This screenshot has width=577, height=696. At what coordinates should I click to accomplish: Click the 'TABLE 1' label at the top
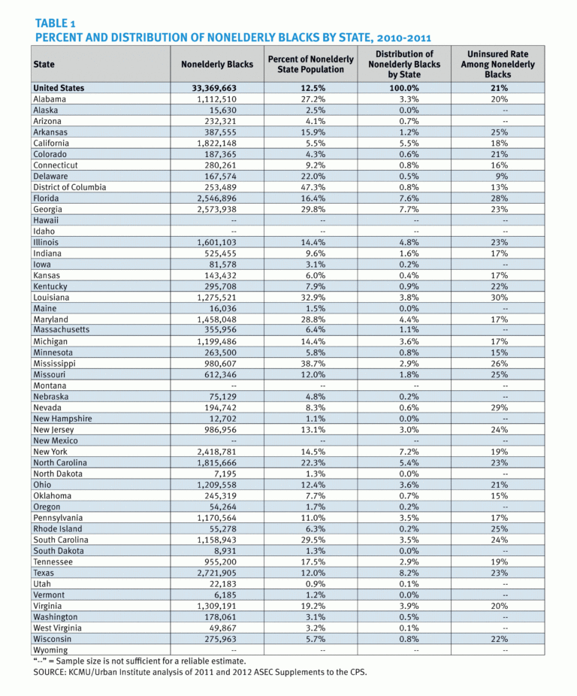click(x=56, y=23)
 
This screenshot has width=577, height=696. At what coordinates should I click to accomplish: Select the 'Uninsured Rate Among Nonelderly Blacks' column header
click(x=497, y=65)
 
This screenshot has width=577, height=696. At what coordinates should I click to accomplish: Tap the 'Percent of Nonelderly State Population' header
click(x=310, y=65)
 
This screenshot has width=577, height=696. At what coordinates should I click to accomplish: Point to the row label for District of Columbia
click(x=69, y=187)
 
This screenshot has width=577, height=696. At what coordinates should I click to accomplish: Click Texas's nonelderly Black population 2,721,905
click(x=217, y=573)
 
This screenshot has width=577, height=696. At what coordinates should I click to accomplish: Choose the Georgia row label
click(x=47, y=209)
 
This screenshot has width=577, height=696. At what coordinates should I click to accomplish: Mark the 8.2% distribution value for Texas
click(x=404, y=573)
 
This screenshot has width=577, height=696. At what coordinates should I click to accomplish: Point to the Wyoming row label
click(x=50, y=650)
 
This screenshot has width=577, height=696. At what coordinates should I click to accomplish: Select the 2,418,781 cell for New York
click(x=217, y=452)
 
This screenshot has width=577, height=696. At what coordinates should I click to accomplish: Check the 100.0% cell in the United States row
click(x=404, y=88)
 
